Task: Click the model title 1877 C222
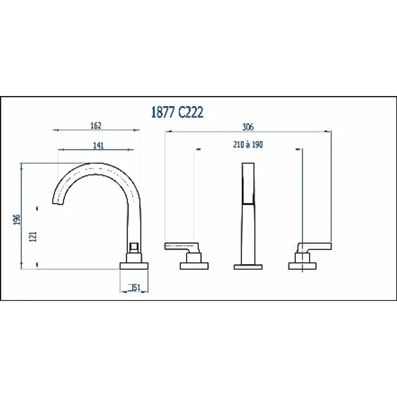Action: pos(177,112)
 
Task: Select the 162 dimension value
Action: pos(96,125)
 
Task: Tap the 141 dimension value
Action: pos(98,145)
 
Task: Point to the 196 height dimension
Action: pos(17,219)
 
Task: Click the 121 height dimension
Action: pos(33,237)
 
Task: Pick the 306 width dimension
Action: pos(248,127)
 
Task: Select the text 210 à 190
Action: pos(248,145)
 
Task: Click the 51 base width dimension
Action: pos(135,287)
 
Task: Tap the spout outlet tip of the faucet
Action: pos(58,202)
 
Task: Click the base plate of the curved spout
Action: pos(134,266)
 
